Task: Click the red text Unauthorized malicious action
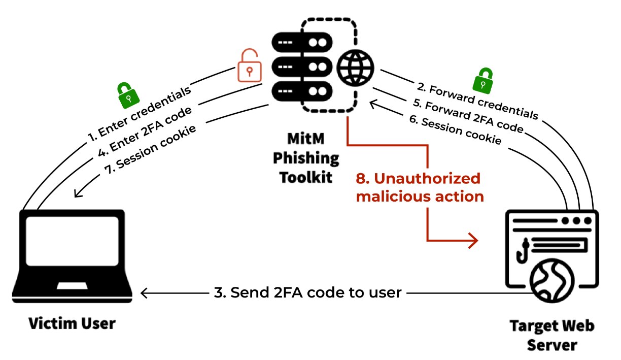[x=419, y=187]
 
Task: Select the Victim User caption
[x=72, y=323]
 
